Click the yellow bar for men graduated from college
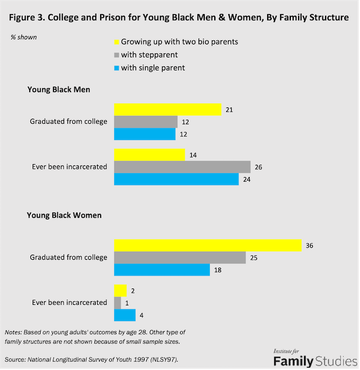168,109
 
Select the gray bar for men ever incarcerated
182,166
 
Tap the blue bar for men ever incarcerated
176,179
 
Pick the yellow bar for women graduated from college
208,245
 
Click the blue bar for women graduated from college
162,270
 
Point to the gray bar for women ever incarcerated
118,303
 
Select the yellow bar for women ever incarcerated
120,290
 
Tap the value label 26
259,167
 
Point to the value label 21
229,109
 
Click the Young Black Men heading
58,89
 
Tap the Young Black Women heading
64,214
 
